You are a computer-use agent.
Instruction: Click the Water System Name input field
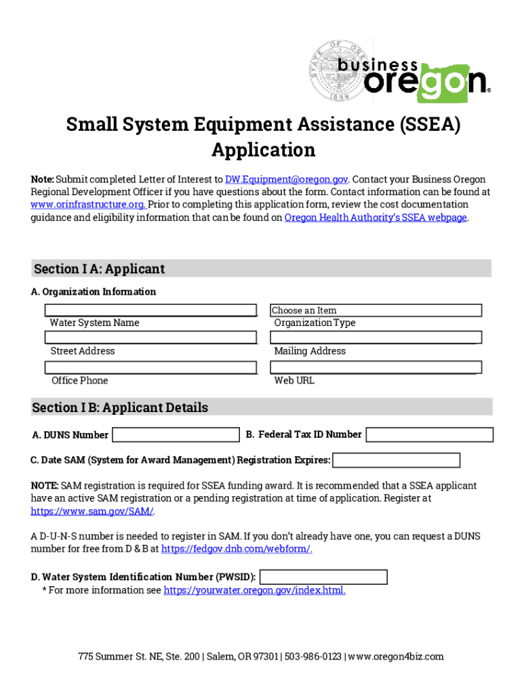click(151, 310)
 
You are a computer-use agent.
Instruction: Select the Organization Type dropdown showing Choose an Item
click(376, 310)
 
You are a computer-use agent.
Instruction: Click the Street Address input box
click(151, 338)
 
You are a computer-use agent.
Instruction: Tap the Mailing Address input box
click(376, 338)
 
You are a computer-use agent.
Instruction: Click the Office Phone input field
click(151, 367)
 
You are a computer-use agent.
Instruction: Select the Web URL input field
click(376, 367)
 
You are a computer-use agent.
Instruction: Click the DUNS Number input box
click(176, 434)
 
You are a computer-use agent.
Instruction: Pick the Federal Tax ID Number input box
click(430, 434)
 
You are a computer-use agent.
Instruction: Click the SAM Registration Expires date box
click(397, 460)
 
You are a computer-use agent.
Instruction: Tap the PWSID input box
click(323, 577)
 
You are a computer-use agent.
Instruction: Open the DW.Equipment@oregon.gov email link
click(287, 180)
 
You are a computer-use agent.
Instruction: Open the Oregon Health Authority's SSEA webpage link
click(376, 218)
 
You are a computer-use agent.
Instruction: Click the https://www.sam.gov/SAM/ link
click(92, 511)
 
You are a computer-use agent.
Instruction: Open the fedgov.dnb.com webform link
click(237, 549)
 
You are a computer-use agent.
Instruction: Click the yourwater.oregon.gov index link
click(254, 590)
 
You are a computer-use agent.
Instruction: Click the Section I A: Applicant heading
click(99, 269)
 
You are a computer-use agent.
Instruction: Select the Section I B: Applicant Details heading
click(120, 407)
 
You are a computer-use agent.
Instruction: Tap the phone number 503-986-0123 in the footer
click(313, 656)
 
